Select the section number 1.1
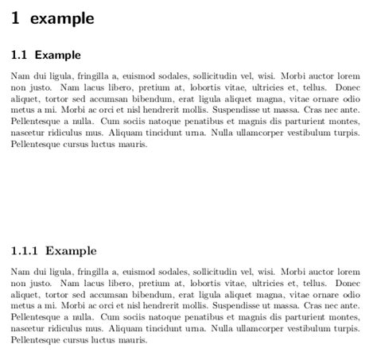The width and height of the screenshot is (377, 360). pos(20,55)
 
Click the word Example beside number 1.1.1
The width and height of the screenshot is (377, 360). pos(71,250)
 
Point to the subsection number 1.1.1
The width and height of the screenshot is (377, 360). pos(25,250)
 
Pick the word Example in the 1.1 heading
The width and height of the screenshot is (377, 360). pos(57,55)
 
